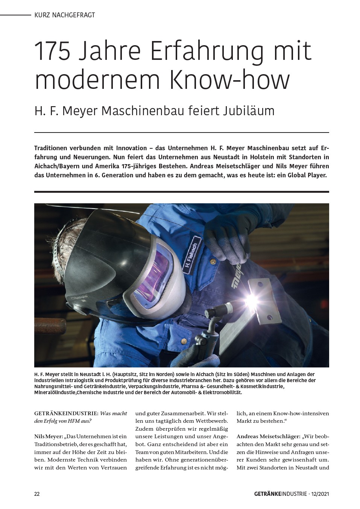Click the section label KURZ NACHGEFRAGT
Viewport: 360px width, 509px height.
[x=64, y=15]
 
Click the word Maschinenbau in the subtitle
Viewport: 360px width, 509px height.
[x=147, y=111]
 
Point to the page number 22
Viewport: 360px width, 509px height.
[x=37, y=494]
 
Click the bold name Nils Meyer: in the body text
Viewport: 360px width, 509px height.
[x=49, y=436]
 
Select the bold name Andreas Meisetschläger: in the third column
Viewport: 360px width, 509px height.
[x=268, y=436]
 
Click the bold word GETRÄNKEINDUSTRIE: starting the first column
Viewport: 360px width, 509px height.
[x=66, y=413]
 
